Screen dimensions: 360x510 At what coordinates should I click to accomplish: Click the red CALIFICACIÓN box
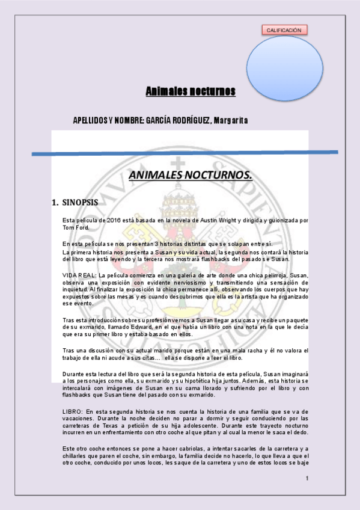coord(285,29)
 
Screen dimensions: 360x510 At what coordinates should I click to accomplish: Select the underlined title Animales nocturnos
coord(191,91)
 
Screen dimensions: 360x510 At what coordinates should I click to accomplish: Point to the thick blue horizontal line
coord(180,153)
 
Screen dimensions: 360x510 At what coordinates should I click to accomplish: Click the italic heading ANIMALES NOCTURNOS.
coord(191,175)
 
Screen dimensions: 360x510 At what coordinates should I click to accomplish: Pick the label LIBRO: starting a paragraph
coord(73,411)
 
